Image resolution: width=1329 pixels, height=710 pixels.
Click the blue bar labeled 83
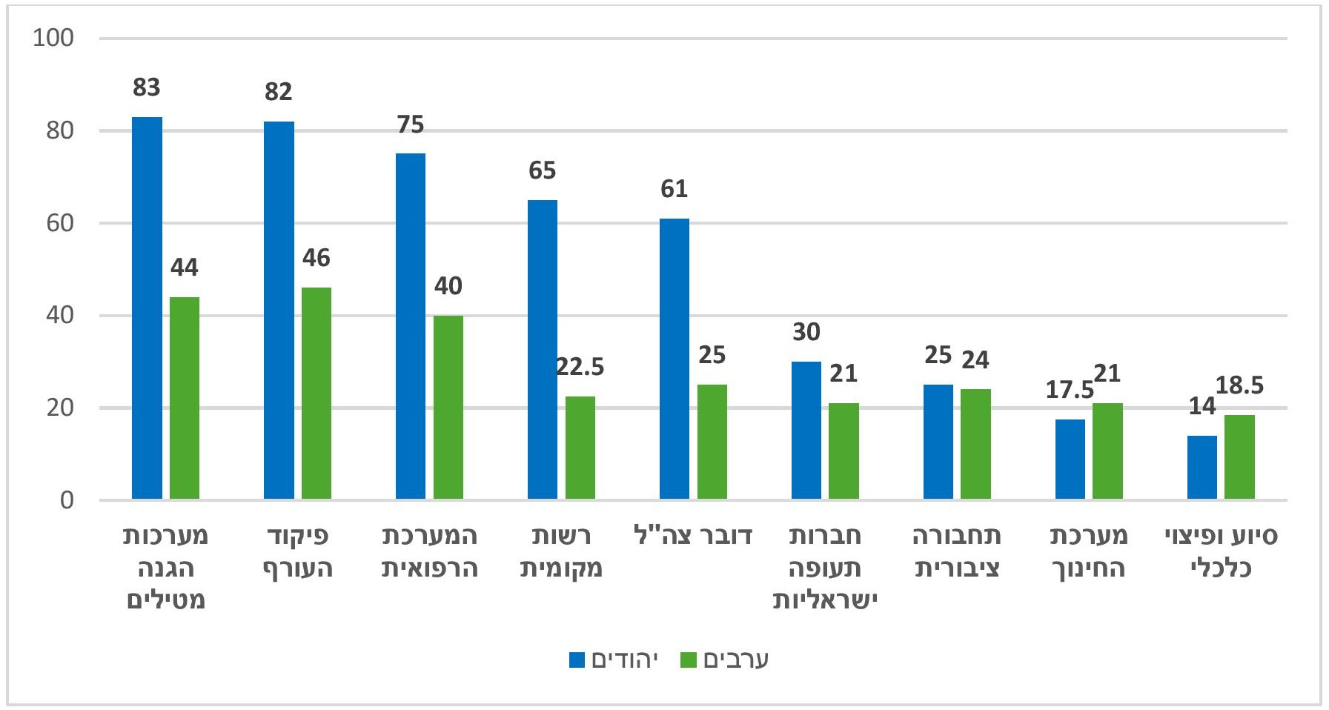pos(147,308)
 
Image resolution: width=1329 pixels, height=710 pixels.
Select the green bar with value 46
pos(316,393)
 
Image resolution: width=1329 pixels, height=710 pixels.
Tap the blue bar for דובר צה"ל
pos(675,359)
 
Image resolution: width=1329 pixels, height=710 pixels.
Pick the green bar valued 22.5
pos(580,448)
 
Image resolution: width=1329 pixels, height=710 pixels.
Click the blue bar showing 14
pos(1202,468)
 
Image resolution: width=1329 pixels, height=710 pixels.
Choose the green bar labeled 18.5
pos(1239,457)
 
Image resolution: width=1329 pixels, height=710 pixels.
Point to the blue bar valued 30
pos(806,431)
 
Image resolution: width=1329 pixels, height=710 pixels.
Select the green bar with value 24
pos(975,444)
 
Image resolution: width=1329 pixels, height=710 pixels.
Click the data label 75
pos(411,125)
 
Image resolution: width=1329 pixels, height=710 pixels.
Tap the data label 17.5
pos(1070,390)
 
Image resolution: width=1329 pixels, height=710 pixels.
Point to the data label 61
pos(675,190)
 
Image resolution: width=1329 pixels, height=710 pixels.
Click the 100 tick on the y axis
pos(53,38)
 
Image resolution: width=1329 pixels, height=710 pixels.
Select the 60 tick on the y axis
pos(59,223)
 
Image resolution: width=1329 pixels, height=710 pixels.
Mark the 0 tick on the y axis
pos(67,500)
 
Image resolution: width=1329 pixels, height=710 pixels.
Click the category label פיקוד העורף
pos(297,552)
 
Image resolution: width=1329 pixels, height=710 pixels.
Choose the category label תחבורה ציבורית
pos(957,552)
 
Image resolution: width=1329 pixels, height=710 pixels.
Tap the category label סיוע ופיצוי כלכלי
pos(1221,552)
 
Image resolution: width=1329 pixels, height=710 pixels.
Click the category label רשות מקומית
pos(561,552)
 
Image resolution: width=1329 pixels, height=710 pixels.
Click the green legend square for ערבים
pos(689,660)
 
